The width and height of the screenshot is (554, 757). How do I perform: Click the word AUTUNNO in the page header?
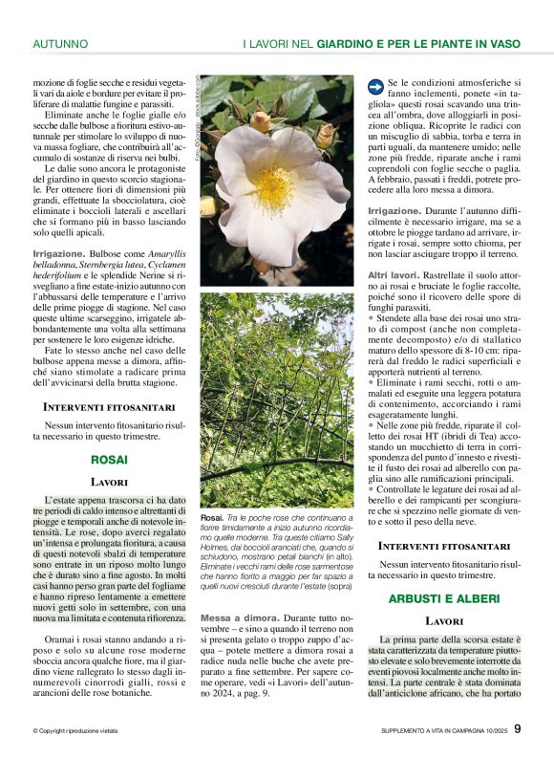tap(60, 43)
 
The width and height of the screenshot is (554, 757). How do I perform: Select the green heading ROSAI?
tap(109, 460)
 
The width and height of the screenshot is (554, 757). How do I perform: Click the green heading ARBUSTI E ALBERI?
tap(444, 598)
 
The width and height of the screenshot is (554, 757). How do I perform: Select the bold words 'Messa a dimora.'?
tap(234, 618)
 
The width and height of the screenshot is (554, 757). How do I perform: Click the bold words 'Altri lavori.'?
tap(392, 275)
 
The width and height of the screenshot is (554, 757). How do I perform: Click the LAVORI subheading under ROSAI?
tap(109, 483)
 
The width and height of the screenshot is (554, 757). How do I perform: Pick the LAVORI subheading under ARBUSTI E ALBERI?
tap(444, 621)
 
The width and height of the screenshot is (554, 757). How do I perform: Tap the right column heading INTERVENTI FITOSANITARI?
tap(444, 546)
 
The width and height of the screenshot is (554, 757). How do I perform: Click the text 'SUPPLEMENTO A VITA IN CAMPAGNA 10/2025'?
tap(438, 731)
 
